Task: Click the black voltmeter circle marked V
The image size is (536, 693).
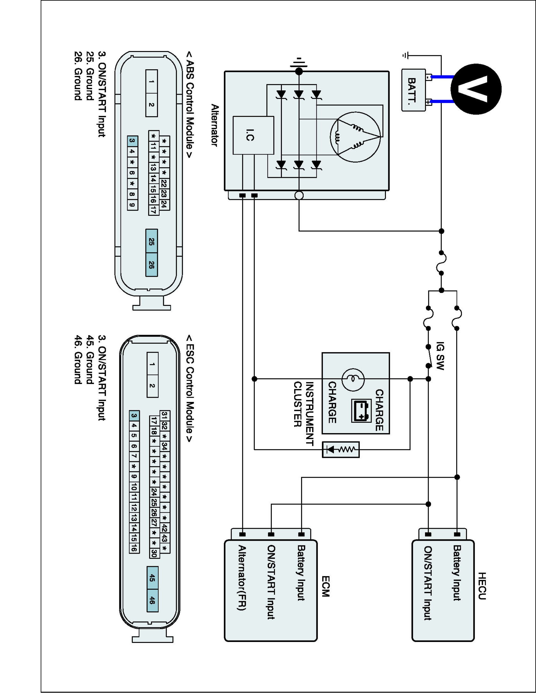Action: [x=476, y=89]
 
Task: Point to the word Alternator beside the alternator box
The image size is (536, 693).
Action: [x=215, y=125]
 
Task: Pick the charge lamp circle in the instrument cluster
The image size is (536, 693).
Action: [x=353, y=379]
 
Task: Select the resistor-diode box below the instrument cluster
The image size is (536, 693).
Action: [x=341, y=449]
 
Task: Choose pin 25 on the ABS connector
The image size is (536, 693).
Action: [x=151, y=241]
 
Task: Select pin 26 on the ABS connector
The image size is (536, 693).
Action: [x=151, y=265]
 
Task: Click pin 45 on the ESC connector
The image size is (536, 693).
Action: [x=152, y=578]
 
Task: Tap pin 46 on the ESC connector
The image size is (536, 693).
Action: [x=152, y=600]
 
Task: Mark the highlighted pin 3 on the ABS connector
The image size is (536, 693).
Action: [x=132, y=141]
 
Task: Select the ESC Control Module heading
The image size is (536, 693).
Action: [x=189, y=388]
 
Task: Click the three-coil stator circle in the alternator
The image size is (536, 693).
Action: [x=355, y=137]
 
